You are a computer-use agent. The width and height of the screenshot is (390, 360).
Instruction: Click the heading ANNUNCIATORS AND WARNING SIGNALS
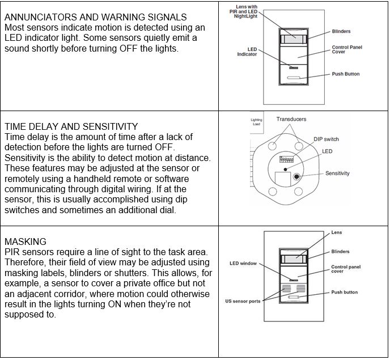(x=95, y=18)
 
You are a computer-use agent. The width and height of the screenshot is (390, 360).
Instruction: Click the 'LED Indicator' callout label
(x=247, y=52)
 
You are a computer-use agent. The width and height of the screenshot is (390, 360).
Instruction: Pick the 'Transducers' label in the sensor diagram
(x=291, y=119)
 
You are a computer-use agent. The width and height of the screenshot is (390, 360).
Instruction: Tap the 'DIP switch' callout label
(x=326, y=139)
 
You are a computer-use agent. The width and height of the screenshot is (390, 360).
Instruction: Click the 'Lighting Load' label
(x=256, y=122)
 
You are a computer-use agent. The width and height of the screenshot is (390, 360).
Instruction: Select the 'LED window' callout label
(x=243, y=264)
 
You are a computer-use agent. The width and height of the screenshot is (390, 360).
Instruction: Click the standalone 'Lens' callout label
(x=336, y=233)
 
